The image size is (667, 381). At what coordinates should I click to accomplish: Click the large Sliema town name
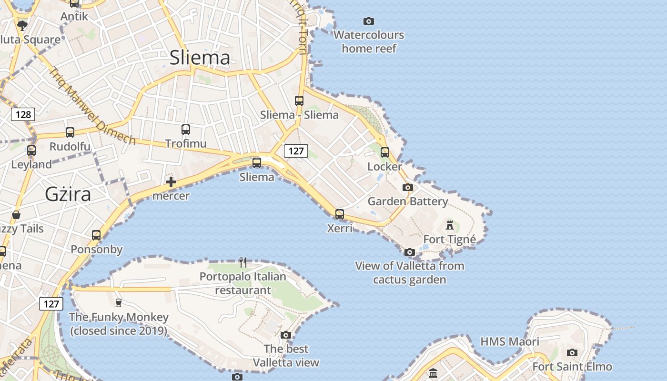click(x=200, y=58)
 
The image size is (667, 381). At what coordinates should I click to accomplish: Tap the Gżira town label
click(x=68, y=194)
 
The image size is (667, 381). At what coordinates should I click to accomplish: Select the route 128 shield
click(x=23, y=114)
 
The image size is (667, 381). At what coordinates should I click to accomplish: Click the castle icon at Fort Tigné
click(x=450, y=225)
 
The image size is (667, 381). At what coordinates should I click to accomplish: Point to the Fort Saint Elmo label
click(x=572, y=366)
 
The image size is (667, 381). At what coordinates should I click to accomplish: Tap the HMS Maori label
click(x=510, y=341)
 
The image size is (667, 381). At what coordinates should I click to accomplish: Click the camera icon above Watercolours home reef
click(x=368, y=21)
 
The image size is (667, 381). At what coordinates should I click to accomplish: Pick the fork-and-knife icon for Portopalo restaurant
click(x=243, y=262)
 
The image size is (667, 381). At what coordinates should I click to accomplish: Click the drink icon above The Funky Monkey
click(x=119, y=302)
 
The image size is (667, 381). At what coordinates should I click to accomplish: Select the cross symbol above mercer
click(x=171, y=182)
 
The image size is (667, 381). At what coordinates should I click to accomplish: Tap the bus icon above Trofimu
click(x=186, y=129)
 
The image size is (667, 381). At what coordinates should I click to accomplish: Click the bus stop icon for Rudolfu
click(x=70, y=132)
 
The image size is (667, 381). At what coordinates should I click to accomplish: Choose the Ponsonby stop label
click(x=97, y=249)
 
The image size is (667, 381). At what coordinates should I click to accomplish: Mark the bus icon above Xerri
click(x=340, y=214)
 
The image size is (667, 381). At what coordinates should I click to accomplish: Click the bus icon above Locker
click(x=385, y=152)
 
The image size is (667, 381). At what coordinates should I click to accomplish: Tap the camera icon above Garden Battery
click(x=407, y=187)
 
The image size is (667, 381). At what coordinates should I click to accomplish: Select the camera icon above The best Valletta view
click(x=286, y=335)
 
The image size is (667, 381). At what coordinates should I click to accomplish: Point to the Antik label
click(x=74, y=16)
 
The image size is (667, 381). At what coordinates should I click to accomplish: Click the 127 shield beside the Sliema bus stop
click(x=296, y=151)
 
